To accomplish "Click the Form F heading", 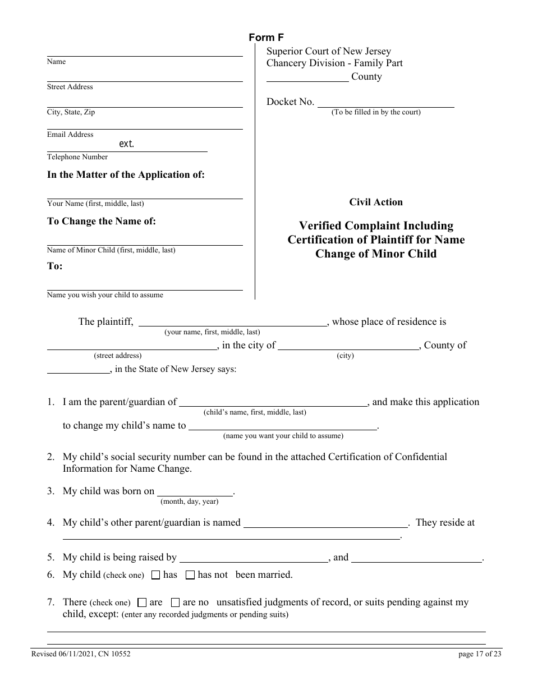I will [266, 38].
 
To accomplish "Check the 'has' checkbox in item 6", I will [156, 575].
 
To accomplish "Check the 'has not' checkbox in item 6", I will [190, 575].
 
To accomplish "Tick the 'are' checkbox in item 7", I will [142, 602].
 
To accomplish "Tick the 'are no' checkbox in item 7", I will [175, 602].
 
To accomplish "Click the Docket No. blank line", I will [385, 102].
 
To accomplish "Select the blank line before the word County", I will [307, 77].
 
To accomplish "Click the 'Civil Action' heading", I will [376, 202].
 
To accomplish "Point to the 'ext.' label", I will [127, 144].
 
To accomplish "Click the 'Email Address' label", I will [70, 135].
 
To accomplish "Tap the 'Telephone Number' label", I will [77, 157].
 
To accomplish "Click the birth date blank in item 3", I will [195, 491].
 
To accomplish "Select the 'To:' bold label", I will [55, 266].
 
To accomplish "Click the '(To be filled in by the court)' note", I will [376, 112].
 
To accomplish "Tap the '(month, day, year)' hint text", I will [190, 502].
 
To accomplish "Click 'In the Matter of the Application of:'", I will [126, 174].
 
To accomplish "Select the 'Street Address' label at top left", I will [70, 87].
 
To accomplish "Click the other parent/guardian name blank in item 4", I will [325, 523].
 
